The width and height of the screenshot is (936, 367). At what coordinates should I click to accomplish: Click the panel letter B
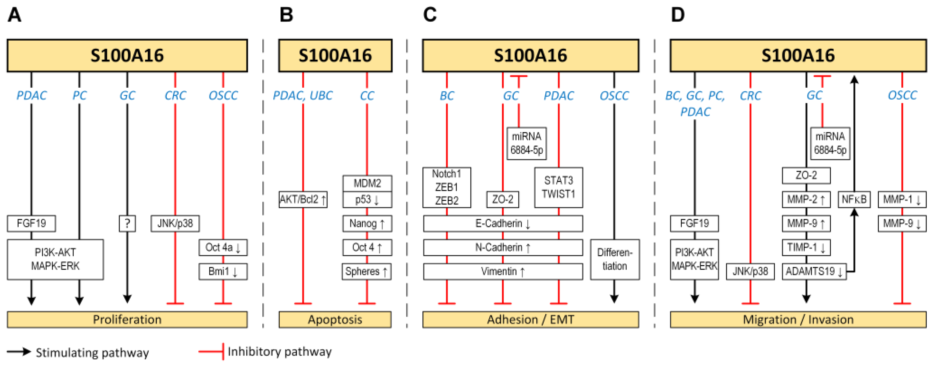coord(286,15)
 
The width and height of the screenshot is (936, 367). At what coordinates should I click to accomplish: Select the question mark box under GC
coord(127,223)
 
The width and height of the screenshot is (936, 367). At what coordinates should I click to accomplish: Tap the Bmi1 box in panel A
coord(223,271)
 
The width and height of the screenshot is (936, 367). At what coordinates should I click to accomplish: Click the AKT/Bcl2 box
coord(303,199)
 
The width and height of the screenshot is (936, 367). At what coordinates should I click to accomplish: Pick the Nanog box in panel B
coord(367,223)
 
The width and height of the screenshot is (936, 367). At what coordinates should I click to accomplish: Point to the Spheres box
coord(366,271)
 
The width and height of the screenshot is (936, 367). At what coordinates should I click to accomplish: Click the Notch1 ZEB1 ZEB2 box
coord(446,187)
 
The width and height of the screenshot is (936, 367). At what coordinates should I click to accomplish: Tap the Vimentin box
coord(503,271)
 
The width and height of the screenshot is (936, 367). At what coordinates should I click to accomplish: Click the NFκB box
coord(854,199)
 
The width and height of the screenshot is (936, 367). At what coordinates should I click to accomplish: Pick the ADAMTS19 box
coord(814,271)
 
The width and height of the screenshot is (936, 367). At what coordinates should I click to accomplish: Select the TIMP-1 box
coord(806,247)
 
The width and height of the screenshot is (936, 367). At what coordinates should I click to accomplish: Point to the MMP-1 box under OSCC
coord(902,199)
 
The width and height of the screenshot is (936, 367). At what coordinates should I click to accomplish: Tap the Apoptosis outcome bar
coord(335,319)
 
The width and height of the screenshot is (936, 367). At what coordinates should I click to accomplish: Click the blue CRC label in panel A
coord(175,95)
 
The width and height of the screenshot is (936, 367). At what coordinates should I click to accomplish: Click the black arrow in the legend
coord(19,351)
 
